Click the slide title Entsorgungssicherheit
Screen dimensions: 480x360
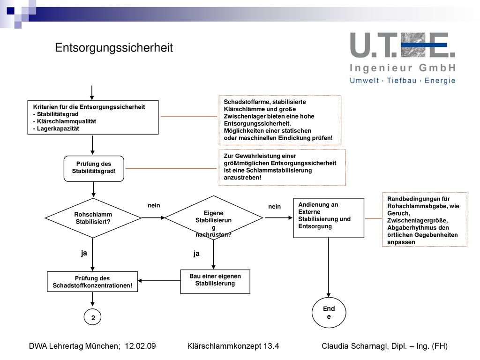point(114,48)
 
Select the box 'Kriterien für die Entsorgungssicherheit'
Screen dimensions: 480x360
point(93,117)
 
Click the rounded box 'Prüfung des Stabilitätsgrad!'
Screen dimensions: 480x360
point(94,169)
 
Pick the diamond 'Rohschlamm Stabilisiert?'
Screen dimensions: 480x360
point(93,218)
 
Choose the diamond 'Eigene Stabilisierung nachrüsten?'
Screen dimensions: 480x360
point(214,217)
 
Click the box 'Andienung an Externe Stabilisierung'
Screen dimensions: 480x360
point(329,218)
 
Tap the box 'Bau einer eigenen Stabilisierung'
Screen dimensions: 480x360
point(215,282)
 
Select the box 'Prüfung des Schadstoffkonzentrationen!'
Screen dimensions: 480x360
point(92,282)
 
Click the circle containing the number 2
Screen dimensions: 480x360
point(92,317)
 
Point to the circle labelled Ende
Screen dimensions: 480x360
point(329,313)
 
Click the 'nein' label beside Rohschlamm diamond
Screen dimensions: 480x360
point(154,205)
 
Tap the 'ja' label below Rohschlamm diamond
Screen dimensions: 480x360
point(84,253)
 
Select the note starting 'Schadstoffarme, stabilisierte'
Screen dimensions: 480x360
point(280,120)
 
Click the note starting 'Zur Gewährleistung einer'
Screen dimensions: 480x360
point(282,167)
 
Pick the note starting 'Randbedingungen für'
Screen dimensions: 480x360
point(425,219)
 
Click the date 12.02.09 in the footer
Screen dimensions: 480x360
point(140,346)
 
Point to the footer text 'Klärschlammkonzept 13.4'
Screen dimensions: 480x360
point(233,346)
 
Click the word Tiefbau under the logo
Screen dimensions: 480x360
point(402,81)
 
